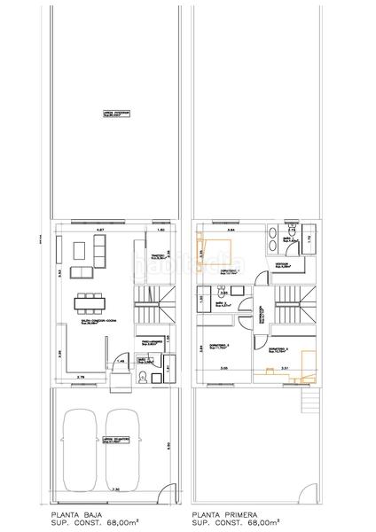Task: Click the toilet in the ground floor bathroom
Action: [x=142, y=379]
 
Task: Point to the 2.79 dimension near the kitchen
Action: [x=80, y=378]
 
